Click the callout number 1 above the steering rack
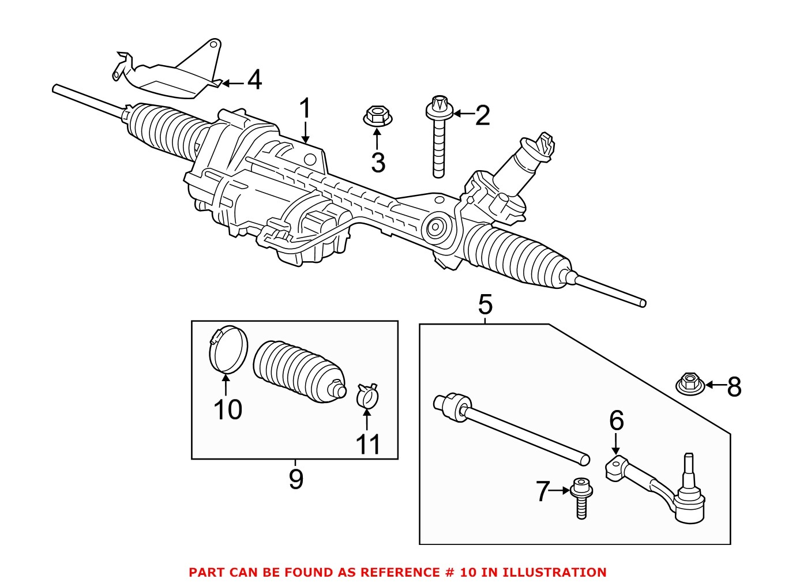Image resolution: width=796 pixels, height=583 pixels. coord(305,108)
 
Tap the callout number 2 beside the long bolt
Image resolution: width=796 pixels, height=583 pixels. coord(482,115)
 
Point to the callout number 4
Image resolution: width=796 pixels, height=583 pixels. coord(254,80)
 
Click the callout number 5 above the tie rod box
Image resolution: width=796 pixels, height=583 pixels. coord(485,304)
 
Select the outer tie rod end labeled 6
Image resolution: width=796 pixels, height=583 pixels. coord(658,487)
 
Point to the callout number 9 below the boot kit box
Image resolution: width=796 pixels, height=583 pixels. coord(295,479)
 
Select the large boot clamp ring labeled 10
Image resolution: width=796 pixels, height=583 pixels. coord(227,350)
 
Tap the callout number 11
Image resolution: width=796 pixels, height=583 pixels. coord(367,445)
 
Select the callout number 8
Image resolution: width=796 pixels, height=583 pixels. coord(734,386)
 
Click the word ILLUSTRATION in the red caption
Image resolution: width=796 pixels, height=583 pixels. coord(554,573)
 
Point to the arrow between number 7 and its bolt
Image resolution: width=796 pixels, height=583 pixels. coord(560,491)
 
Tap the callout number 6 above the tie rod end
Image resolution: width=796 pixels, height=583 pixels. coord(616,421)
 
